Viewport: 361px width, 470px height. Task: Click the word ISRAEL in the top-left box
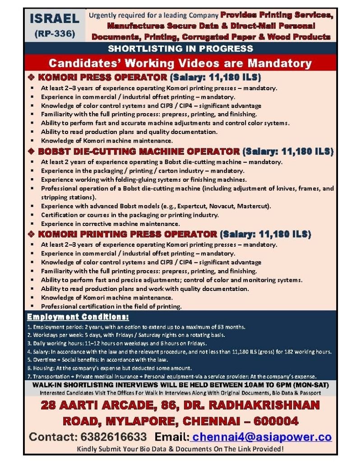(54, 19)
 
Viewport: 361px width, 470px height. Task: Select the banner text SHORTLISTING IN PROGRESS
(180, 48)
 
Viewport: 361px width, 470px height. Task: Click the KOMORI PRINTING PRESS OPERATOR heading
(128, 234)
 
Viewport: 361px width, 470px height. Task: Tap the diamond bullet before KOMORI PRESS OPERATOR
(31, 77)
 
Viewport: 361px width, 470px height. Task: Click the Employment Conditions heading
(78, 316)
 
